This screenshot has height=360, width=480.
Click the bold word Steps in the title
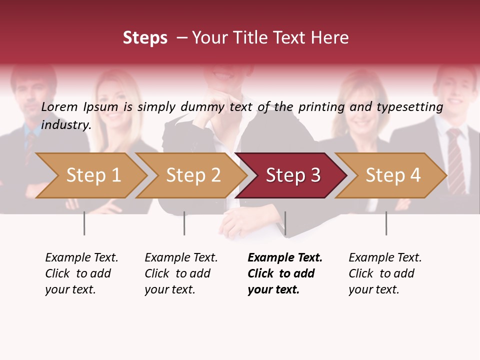145,38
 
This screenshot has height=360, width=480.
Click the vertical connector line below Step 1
84,223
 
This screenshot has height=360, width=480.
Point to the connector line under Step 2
184,223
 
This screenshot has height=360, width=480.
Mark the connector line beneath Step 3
285,223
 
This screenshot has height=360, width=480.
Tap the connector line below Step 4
386,223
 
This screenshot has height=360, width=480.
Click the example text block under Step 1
81,273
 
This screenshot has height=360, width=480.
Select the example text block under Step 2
181,273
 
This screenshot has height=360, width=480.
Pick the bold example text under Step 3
285,273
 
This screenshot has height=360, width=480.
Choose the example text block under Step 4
385,273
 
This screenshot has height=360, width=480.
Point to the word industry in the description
66,125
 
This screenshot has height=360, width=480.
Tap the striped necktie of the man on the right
455,160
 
